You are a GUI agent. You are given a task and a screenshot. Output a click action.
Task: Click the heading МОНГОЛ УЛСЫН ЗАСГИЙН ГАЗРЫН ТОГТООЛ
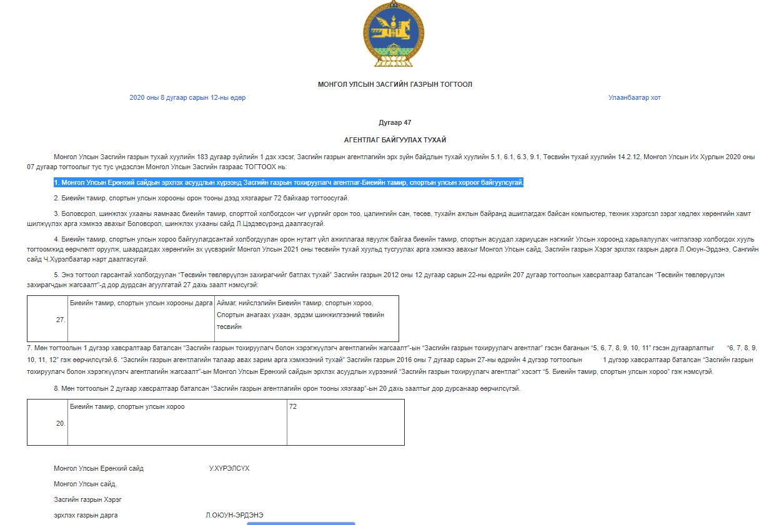(x=395, y=84)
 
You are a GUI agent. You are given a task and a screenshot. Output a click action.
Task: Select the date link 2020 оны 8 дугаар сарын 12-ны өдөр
(x=187, y=98)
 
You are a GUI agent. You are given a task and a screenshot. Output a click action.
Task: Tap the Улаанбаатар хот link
(x=634, y=98)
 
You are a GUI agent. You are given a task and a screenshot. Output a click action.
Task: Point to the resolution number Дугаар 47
(x=395, y=123)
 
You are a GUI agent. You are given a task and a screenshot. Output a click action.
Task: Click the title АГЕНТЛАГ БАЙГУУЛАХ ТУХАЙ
(x=395, y=140)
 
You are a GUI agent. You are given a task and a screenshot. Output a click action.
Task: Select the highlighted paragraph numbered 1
(x=289, y=183)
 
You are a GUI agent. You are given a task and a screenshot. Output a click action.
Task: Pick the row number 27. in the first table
(x=61, y=319)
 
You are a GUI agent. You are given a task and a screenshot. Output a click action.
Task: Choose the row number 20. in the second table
(x=61, y=423)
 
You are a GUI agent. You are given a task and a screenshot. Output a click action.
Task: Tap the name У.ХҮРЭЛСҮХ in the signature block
(x=229, y=468)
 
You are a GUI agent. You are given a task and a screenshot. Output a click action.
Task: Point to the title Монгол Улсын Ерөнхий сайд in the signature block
(x=99, y=468)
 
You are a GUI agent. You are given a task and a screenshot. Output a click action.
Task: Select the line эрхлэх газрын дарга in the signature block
(x=86, y=516)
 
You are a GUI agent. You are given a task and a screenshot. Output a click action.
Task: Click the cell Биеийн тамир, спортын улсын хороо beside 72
(x=127, y=407)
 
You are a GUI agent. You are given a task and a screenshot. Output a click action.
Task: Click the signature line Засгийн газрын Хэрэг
(x=87, y=499)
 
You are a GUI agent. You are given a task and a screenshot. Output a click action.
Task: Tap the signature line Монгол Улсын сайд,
(x=86, y=484)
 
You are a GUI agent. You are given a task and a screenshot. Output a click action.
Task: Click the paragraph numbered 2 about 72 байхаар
(x=201, y=199)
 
